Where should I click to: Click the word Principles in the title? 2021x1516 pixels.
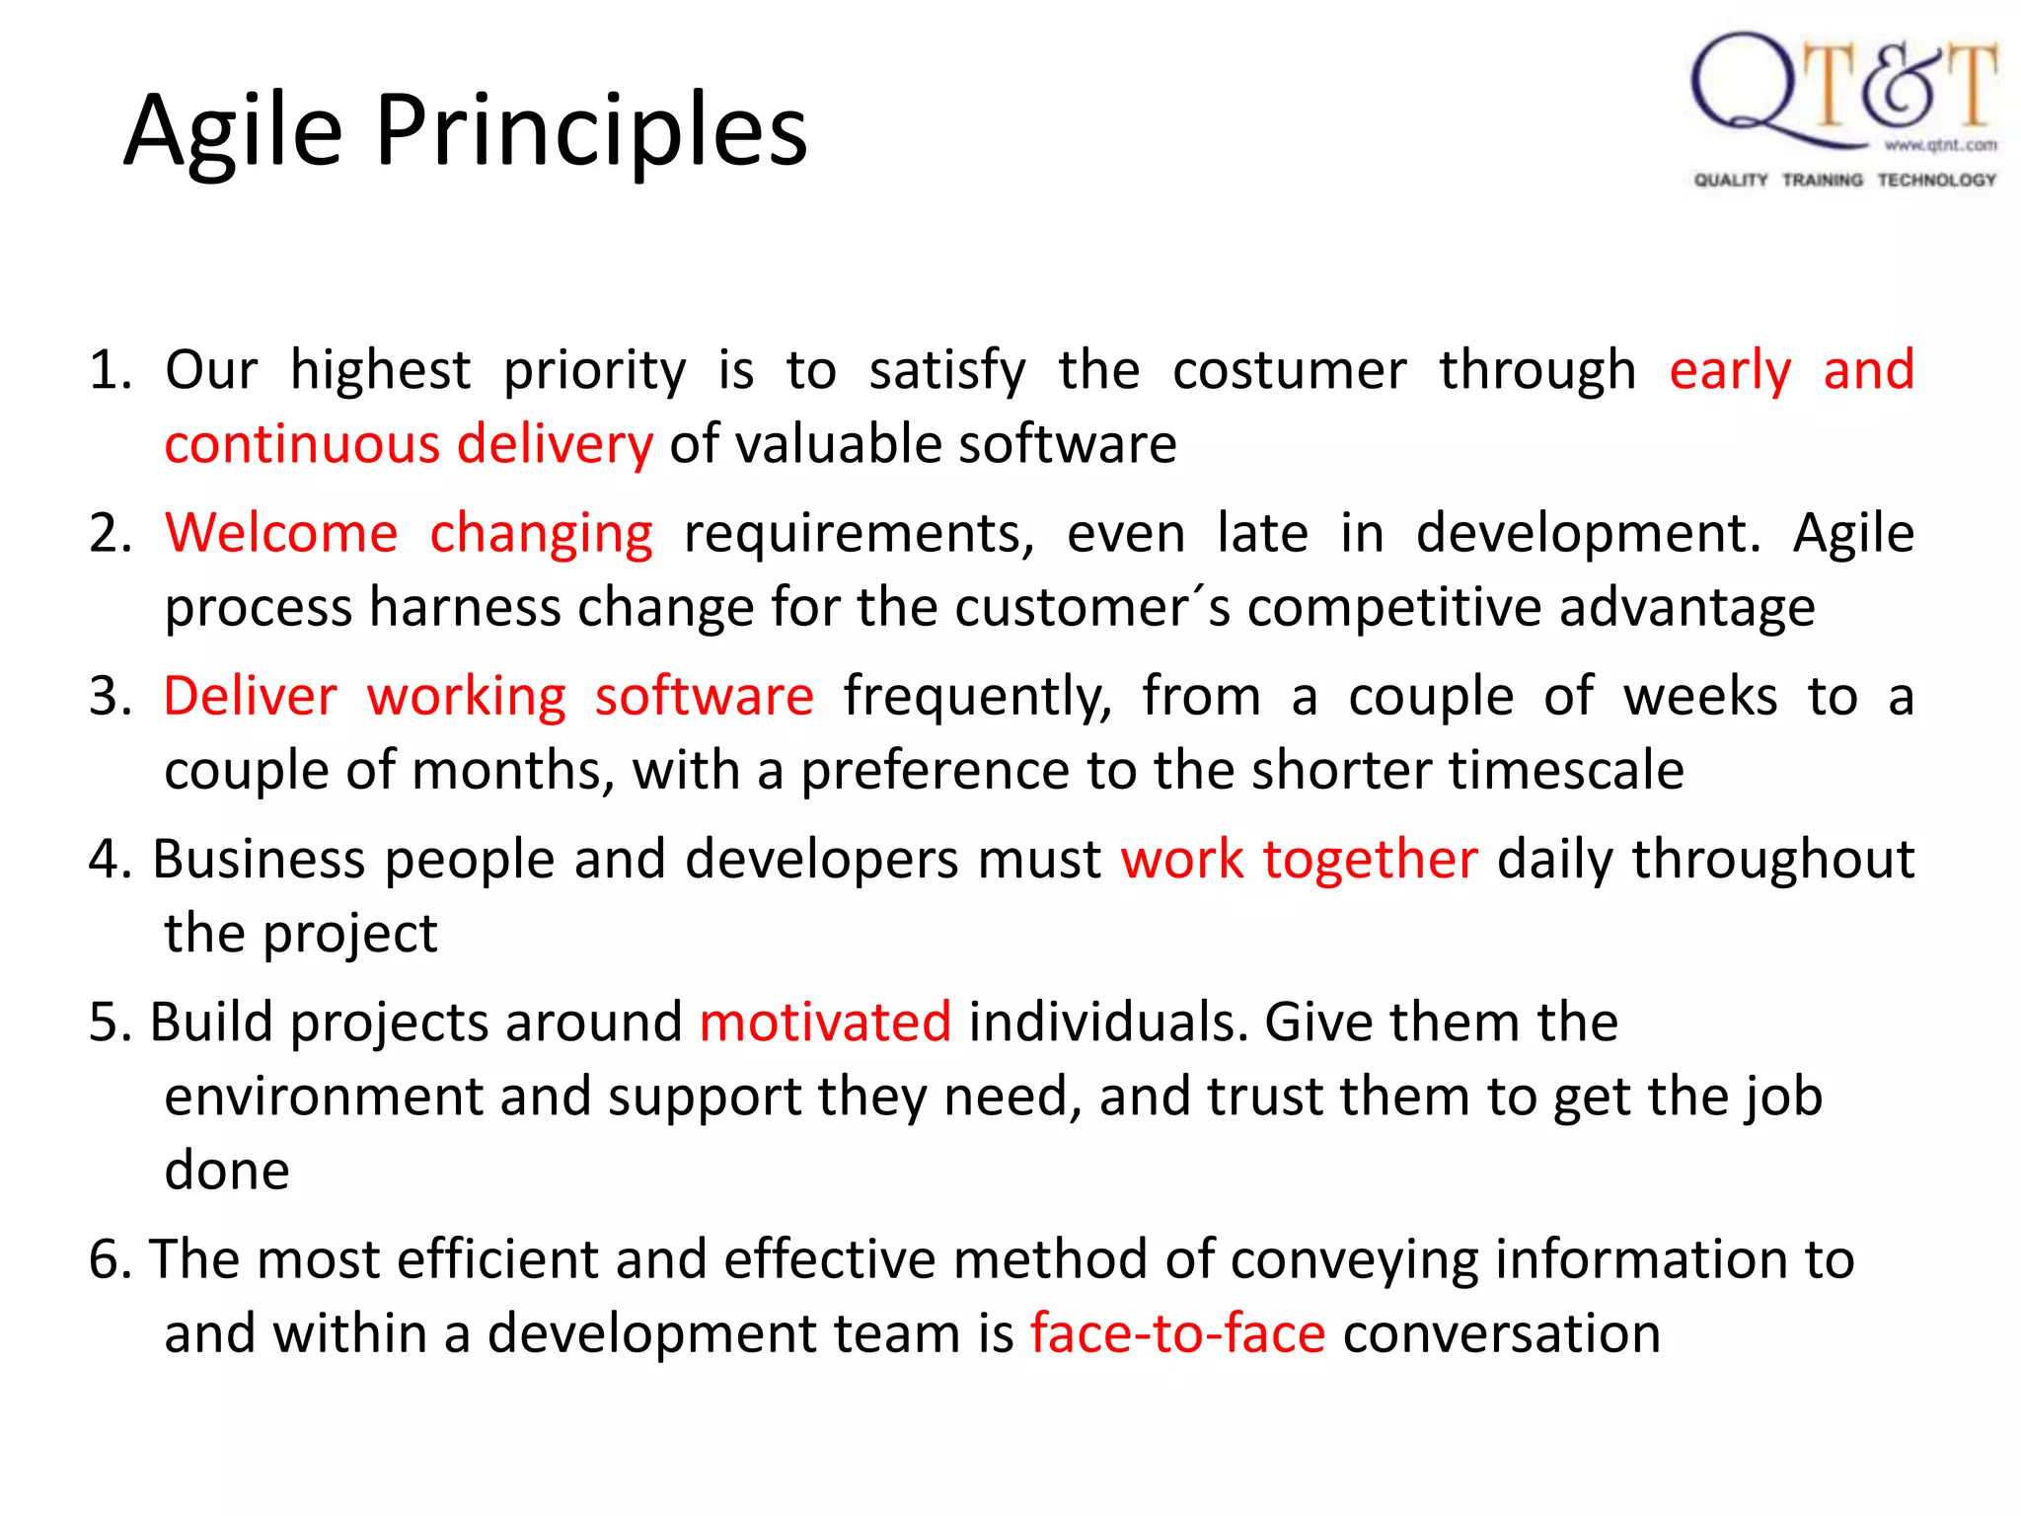pyautogui.click(x=591, y=130)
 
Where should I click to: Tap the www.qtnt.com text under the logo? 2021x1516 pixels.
pyautogui.click(x=1940, y=146)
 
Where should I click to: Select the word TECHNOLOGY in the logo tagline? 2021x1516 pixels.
pyautogui.click(x=1936, y=180)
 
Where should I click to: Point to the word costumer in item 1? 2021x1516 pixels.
pyautogui.click(x=1289, y=371)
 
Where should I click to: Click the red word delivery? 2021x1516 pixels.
pyautogui.click(x=555, y=445)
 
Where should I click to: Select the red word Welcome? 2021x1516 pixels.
pyautogui.click(x=281, y=534)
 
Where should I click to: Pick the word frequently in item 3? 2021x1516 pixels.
pyautogui.click(x=977, y=697)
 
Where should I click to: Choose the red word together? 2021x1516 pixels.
pyautogui.click(x=1370, y=860)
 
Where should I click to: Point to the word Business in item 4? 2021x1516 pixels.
pyautogui.click(x=259, y=860)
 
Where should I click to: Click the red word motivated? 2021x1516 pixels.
pyautogui.click(x=825, y=1023)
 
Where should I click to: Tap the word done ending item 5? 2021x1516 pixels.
pyautogui.click(x=227, y=1172)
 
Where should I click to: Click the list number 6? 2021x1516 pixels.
pyautogui.click(x=109, y=1260)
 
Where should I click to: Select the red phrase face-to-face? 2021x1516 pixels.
pyautogui.click(x=1177, y=1334)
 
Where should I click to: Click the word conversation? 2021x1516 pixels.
pyautogui.click(x=1501, y=1334)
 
